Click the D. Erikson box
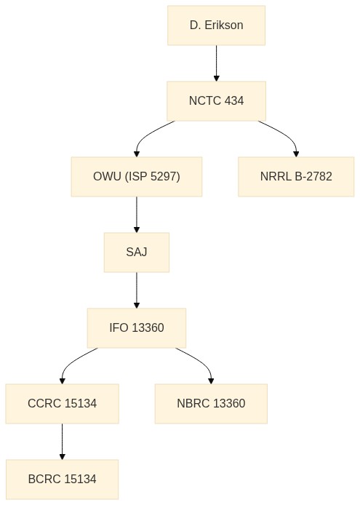[x=217, y=25]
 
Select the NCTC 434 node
[x=217, y=101]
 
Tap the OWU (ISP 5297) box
[x=137, y=177]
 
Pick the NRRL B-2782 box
[x=296, y=177]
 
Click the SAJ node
[x=137, y=252]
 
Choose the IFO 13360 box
[x=137, y=328]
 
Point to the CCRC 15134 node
[x=62, y=404]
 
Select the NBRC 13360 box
[x=211, y=404]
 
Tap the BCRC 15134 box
[x=62, y=480]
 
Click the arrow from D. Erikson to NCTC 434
[x=217, y=63]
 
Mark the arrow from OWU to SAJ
[x=137, y=215]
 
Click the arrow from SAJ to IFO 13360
[x=137, y=290]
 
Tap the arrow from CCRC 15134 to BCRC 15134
[x=62, y=442]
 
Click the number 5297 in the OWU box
[x=164, y=177]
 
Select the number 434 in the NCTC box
[x=234, y=101]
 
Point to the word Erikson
[x=224, y=25]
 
